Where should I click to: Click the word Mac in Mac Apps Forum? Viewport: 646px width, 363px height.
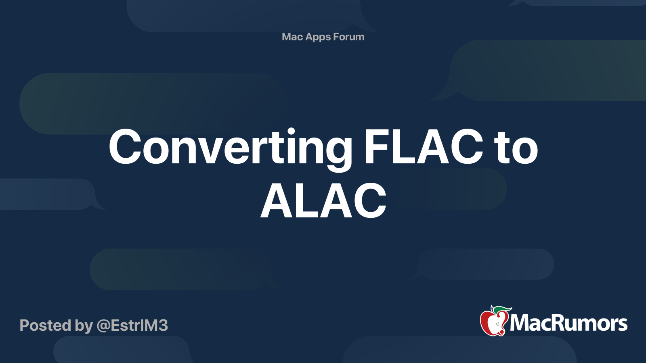click(292, 37)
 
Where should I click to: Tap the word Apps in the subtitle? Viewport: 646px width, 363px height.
click(318, 37)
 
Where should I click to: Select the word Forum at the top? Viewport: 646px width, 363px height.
click(349, 37)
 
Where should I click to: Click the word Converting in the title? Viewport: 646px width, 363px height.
click(231, 148)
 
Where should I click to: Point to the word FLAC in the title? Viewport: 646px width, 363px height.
click(424, 147)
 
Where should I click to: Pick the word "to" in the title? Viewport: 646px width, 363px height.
click(517, 148)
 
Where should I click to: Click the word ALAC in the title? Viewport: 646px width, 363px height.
click(323, 201)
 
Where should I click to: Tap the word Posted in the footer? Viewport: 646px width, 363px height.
click(45, 325)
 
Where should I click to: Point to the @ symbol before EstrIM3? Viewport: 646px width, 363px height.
click(103, 326)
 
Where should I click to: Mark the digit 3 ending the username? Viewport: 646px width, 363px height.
click(162, 325)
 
